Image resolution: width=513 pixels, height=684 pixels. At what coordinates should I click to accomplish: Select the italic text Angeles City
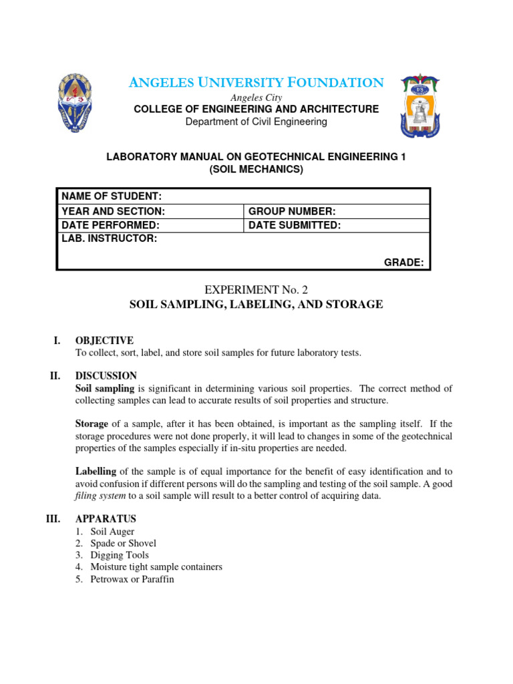tap(256, 98)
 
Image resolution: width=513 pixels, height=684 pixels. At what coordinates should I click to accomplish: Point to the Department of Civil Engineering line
tap(256, 122)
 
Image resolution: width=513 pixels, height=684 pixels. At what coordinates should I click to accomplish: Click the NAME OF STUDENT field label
tap(112, 196)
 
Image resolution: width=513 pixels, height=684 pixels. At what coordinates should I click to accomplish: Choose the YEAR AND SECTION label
tap(113, 211)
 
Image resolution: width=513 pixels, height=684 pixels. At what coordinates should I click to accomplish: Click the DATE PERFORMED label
tap(110, 225)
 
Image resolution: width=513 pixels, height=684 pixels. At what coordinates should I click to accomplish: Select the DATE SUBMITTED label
tap(295, 225)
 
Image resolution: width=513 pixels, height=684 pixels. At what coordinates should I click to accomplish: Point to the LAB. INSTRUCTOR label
tap(110, 239)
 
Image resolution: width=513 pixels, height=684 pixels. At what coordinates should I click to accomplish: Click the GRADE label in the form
tap(403, 263)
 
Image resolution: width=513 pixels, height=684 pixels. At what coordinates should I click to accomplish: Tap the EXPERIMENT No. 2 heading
tap(256, 289)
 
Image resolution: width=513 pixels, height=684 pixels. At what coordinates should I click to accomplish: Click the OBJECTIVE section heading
tap(104, 341)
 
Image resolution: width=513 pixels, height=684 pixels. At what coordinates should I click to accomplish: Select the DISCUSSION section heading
tap(106, 376)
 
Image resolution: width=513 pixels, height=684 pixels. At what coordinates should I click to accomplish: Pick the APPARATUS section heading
tap(106, 518)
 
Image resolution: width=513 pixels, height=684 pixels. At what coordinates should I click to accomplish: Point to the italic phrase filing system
tap(98, 496)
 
